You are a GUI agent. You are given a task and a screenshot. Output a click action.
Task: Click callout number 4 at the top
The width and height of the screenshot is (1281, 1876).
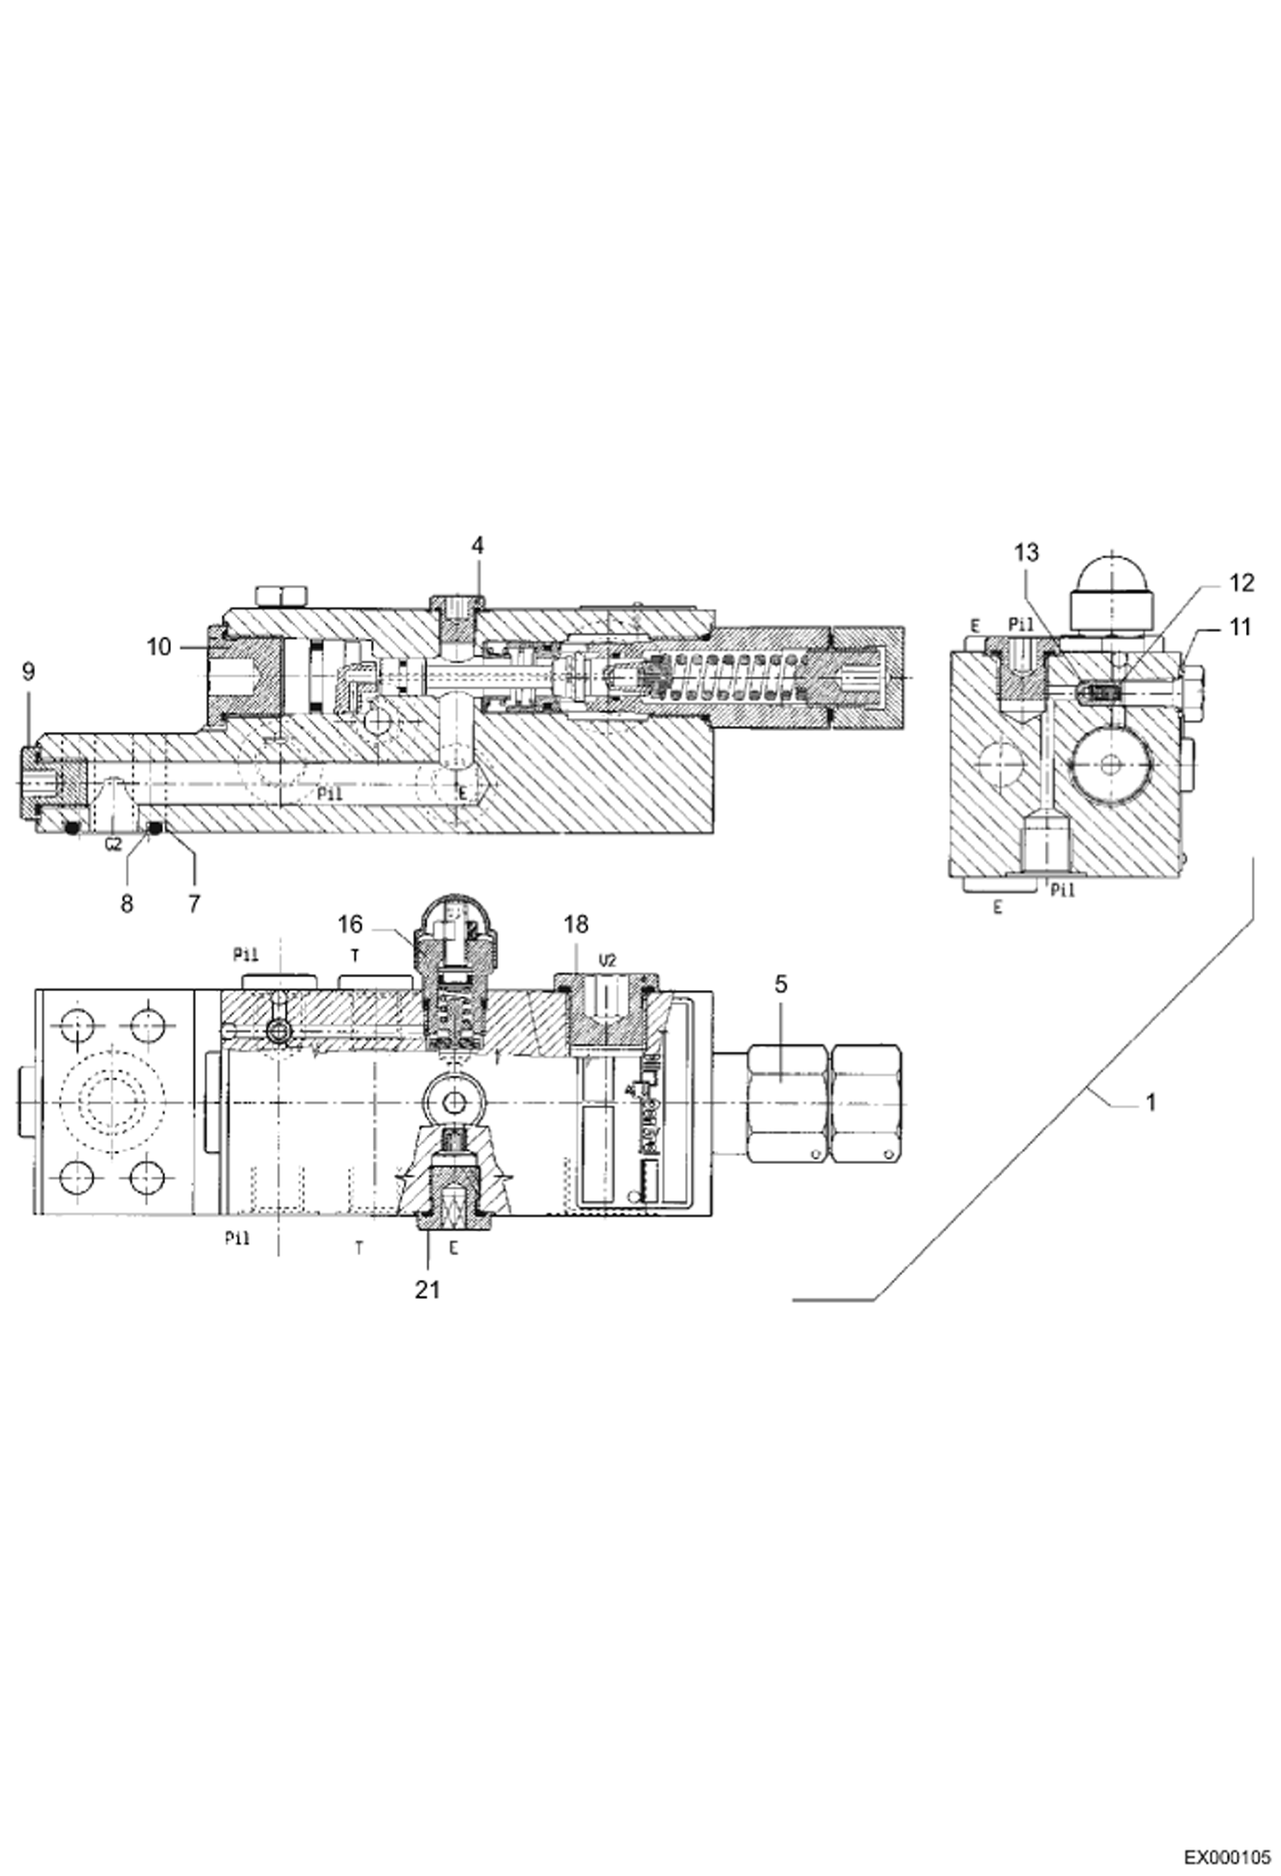pos(478,545)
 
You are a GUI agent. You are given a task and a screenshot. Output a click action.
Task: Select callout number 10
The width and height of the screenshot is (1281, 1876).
pos(159,647)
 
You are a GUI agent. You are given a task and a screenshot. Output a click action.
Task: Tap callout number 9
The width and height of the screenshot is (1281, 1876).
pos(28,671)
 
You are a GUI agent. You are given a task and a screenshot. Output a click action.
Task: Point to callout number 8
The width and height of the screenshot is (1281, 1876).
pos(127,904)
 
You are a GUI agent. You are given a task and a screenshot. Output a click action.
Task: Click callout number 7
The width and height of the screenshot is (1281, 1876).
pos(194,904)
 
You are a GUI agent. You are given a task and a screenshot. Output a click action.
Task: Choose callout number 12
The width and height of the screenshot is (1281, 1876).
pos(1241,583)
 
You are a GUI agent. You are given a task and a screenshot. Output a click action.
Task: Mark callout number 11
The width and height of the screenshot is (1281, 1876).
pos(1239,628)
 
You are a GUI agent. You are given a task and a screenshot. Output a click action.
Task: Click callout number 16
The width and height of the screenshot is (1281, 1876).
pos(350,924)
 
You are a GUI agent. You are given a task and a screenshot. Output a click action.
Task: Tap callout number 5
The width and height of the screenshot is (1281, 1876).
pos(781,984)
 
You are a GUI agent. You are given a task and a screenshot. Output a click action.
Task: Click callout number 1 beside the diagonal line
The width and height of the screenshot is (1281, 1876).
pos(1150,1103)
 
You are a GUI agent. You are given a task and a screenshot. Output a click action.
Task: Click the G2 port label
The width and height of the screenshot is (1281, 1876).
pos(113,846)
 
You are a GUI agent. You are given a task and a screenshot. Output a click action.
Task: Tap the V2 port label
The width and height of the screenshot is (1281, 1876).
pos(607,961)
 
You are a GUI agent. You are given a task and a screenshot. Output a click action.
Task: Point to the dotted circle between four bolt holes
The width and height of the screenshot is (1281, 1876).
pos(111,1102)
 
